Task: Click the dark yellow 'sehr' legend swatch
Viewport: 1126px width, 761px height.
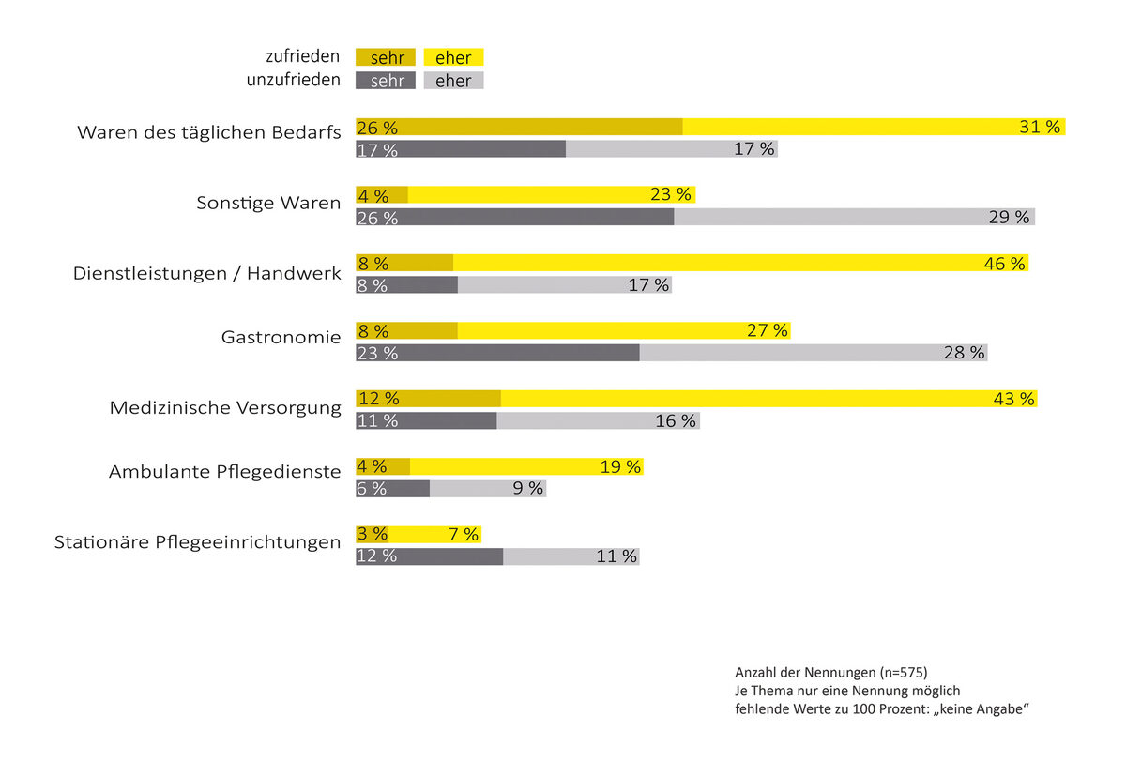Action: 386,58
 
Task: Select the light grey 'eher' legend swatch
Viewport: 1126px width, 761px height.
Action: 454,81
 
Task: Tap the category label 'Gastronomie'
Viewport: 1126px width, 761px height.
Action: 281,336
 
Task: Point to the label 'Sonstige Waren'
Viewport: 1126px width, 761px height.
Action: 268,203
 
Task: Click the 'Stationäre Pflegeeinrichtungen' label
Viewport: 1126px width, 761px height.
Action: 197,541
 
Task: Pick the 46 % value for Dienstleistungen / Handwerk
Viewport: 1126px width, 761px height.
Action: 1004,264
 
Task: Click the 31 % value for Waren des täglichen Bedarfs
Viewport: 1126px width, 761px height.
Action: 1040,127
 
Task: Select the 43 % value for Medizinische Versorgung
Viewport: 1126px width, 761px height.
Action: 1013,399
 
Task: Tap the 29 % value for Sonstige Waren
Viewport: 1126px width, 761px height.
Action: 1009,217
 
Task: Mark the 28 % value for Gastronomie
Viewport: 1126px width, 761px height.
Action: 965,353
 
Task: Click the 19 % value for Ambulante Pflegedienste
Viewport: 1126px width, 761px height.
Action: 620,466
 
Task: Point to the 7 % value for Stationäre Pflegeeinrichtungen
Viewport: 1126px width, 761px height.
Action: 464,534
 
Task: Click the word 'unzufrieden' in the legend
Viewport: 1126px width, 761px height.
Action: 294,81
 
